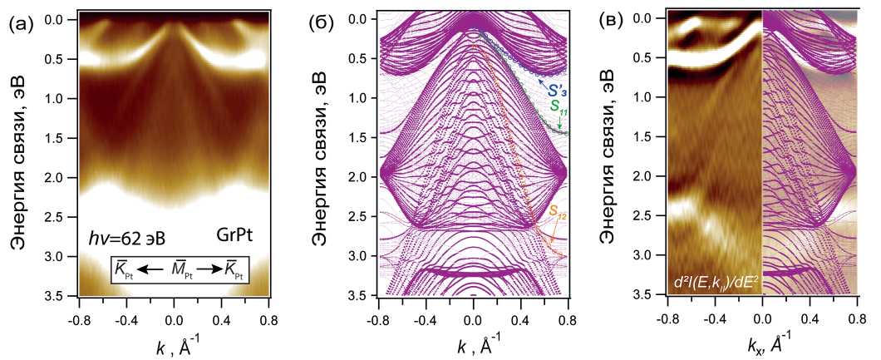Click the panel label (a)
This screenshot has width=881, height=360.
(21, 24)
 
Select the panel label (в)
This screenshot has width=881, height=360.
(616, 24)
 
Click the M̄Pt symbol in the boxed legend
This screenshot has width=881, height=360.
(174, 270)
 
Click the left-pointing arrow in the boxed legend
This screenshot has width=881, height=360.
(150, 269)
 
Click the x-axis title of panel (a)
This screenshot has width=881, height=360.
(173, 343)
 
